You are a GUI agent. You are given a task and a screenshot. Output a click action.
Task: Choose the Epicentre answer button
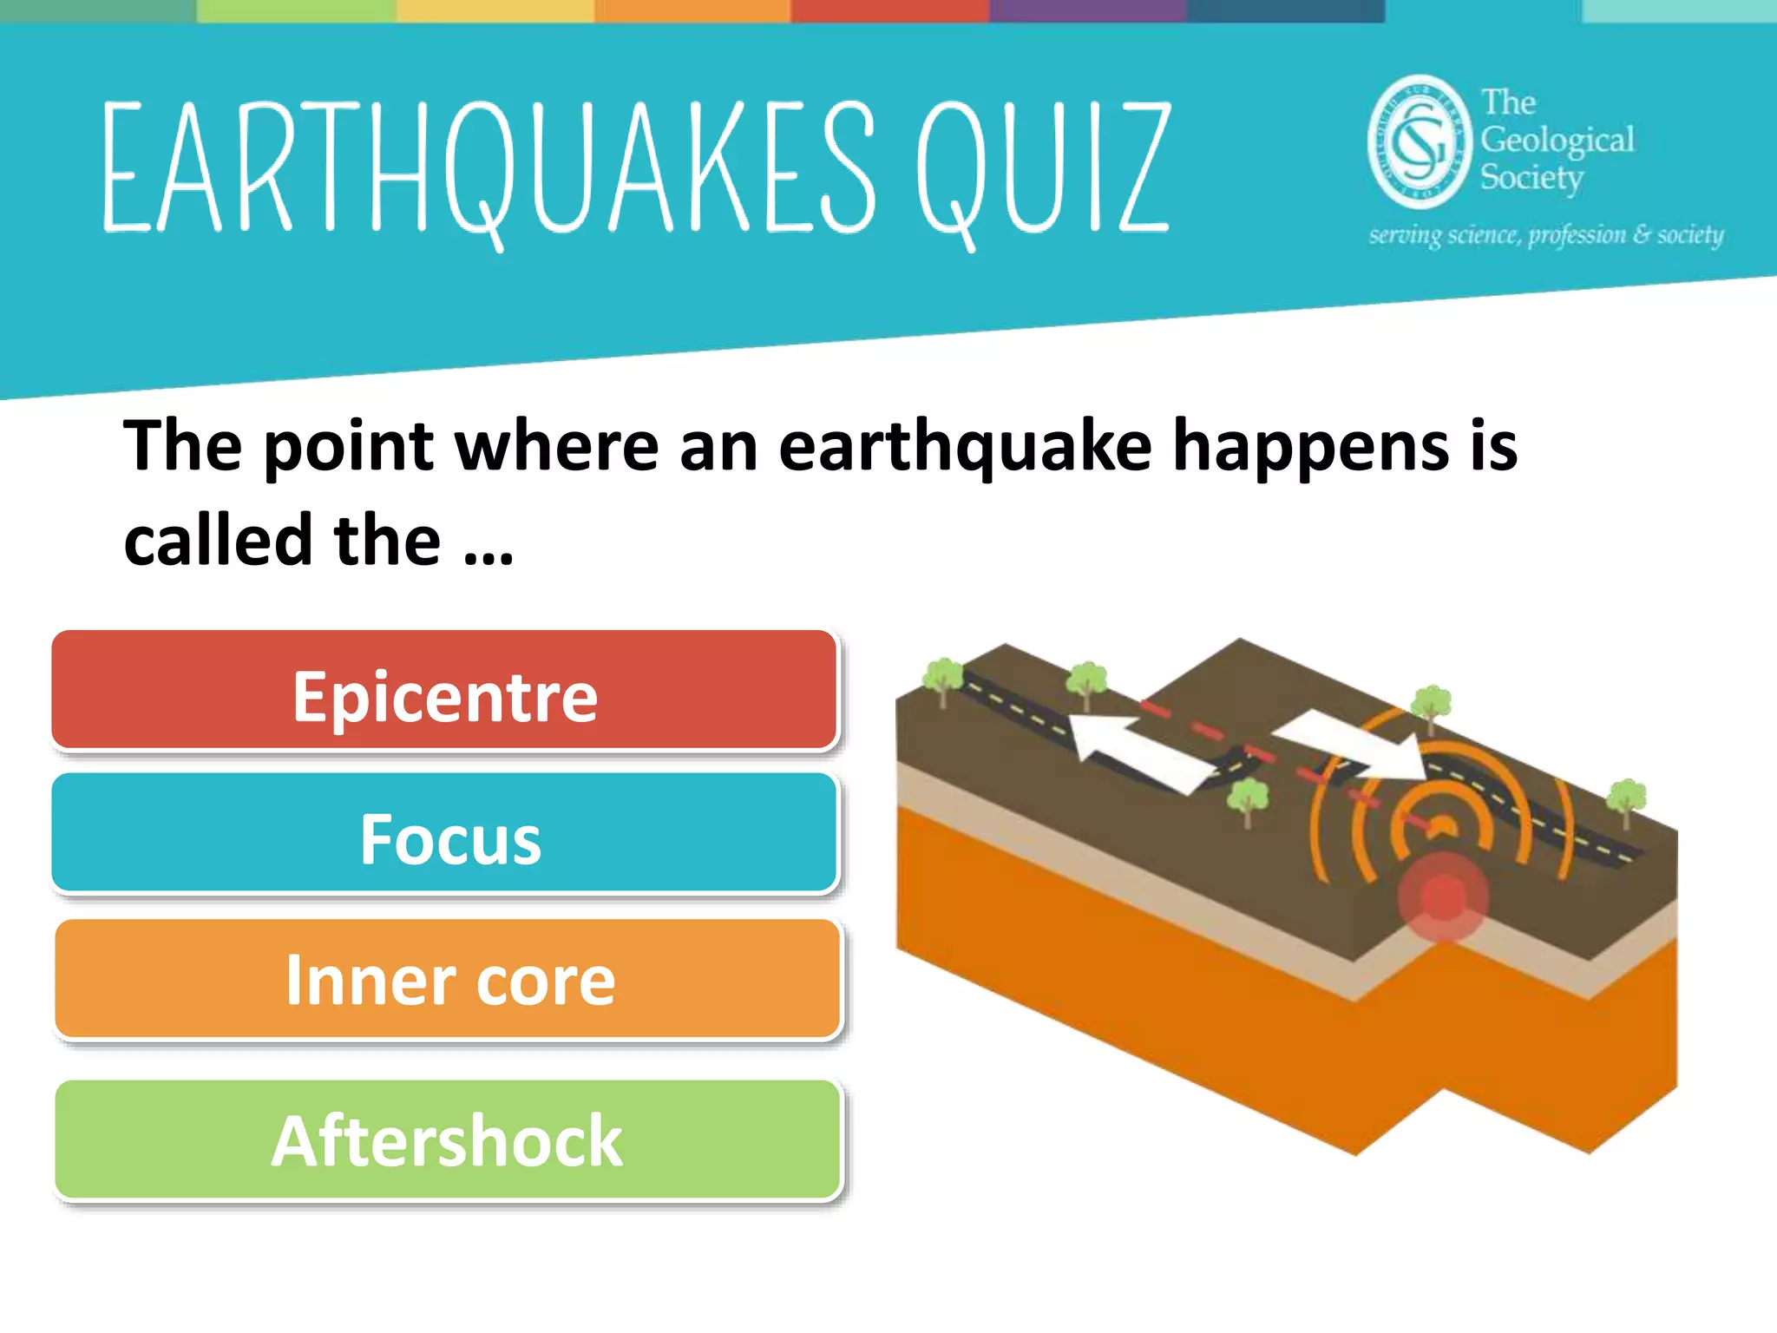click(444, 691)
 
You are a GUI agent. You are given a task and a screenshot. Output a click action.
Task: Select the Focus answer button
click(444, 834)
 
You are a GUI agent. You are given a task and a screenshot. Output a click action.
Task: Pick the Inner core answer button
click(448, 979)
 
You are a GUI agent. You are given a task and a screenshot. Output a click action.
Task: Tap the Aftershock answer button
click(448, 1139)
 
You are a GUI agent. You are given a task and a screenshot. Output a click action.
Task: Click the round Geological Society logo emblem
click(1420, 141)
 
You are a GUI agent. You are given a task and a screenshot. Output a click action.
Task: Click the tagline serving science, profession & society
click(1545, 235)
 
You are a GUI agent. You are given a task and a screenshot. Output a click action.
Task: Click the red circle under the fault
click(1443, 896)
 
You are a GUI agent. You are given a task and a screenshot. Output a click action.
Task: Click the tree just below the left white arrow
click(1248, 799)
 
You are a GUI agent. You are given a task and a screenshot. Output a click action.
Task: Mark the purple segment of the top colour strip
click(1088, 10)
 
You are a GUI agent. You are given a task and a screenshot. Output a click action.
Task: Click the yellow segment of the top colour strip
click(495, 10)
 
